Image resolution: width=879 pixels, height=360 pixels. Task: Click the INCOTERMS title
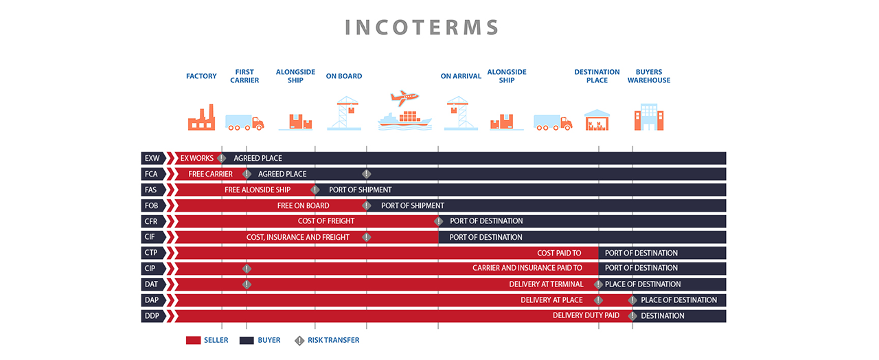click(422, 27)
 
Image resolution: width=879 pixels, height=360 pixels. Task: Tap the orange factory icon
click(201, 117)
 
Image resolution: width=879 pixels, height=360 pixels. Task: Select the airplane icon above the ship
click(404, 98)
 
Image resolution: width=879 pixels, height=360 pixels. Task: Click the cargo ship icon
click(404, 120)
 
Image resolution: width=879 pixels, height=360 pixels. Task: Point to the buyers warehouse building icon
click(649, 117)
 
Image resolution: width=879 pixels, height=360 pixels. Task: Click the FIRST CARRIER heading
click(244, 76)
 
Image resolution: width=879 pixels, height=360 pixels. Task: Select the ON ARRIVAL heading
click(461, 76)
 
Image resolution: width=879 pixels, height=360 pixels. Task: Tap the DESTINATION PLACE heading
click(597, 76)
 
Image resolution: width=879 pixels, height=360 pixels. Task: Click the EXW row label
click(152, 158)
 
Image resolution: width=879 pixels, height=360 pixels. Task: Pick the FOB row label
click(152, 205)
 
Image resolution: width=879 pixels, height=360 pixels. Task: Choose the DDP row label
click(152, 315)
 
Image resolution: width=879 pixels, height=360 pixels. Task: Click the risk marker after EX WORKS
click(222, 158)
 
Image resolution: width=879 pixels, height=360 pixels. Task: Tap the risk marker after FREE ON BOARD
click(367, 205)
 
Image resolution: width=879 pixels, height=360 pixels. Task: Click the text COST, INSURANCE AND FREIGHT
click(298, 237)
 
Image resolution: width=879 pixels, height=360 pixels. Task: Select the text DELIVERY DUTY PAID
click(586, 315)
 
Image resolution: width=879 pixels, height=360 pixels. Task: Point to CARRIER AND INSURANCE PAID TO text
click(527, 268)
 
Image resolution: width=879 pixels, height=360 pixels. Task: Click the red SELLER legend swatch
click(193, 340)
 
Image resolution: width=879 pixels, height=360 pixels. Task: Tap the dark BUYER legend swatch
click(247, 340)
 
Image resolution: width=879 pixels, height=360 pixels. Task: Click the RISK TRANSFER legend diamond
click(299, 341)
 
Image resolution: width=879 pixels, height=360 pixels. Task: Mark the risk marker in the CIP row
click(247, 269)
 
